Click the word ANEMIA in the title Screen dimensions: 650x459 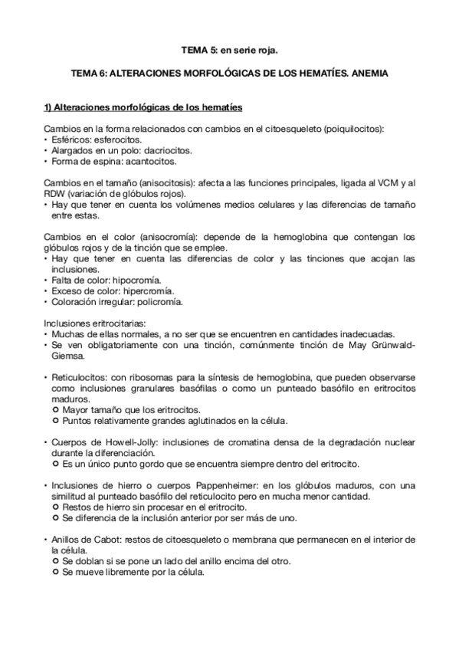point(370,76)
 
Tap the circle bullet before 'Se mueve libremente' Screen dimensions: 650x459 point(55,572)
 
